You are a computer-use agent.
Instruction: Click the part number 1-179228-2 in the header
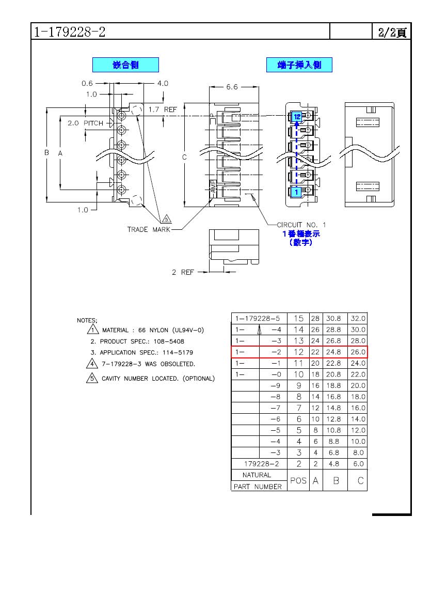coord(70,32)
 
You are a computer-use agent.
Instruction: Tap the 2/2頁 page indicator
coord(392,33)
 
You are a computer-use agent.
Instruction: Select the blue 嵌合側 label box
coord(125,65)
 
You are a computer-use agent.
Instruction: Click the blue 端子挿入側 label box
coord(299,65)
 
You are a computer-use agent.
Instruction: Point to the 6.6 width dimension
coord(232,87)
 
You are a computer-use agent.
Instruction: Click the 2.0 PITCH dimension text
coord(86,123)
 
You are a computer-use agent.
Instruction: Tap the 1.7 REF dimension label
coord(163,110)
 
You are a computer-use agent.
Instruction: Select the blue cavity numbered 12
coord(296,116)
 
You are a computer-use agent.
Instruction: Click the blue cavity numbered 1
coord(296,192)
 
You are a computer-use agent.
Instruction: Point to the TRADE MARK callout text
coord(149,229)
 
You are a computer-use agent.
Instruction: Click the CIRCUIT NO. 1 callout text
coord(301,225)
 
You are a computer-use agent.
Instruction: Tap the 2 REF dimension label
coord(183,272)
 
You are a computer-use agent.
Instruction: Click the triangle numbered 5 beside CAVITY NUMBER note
coord(92,378)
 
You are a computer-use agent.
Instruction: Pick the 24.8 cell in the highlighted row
coord(333,352)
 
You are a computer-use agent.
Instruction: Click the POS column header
coord(298,481)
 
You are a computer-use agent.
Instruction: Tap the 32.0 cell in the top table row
coord(358,319)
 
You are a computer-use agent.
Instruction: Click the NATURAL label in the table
coord(257,475)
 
